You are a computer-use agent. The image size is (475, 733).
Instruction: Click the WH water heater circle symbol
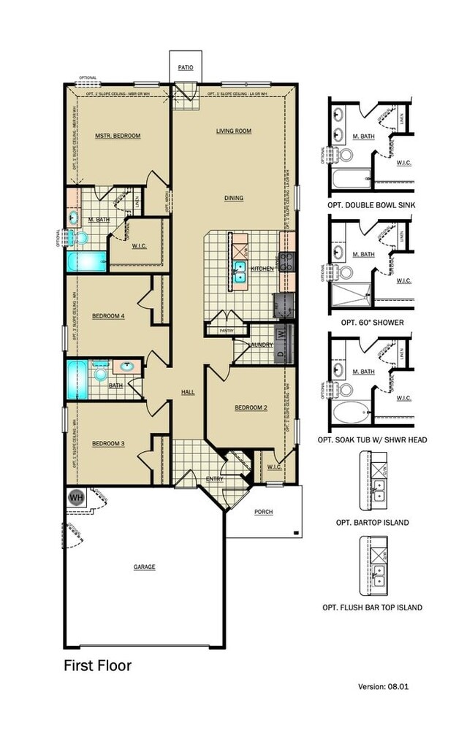pos(76,498)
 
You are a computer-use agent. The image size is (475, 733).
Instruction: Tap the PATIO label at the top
pos(186,67)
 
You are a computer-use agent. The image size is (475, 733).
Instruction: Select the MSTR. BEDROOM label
pos(118,136)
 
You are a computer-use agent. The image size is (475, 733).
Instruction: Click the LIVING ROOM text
pos(233,131)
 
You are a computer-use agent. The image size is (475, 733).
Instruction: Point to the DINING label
pos(234,198)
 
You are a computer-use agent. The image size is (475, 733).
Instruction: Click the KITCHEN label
pos(262,269)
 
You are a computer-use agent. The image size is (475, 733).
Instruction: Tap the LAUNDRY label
pos(260,345)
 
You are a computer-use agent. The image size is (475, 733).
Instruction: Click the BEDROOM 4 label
pos(109,316)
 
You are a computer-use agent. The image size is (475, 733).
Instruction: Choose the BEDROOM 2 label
pos(251,408)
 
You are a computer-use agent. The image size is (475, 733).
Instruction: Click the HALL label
pos(188,393)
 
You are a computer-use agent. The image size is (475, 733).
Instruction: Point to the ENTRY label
pos(214,479)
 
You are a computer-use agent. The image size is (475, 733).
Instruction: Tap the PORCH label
pos(263,512)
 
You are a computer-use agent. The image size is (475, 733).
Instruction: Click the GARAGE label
pos(144,567)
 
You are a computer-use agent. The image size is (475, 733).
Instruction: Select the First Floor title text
pos(96,665)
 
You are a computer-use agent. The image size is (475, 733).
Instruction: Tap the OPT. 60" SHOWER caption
pos(372,322)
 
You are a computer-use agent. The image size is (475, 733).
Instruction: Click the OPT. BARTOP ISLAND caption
pos(372,523)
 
